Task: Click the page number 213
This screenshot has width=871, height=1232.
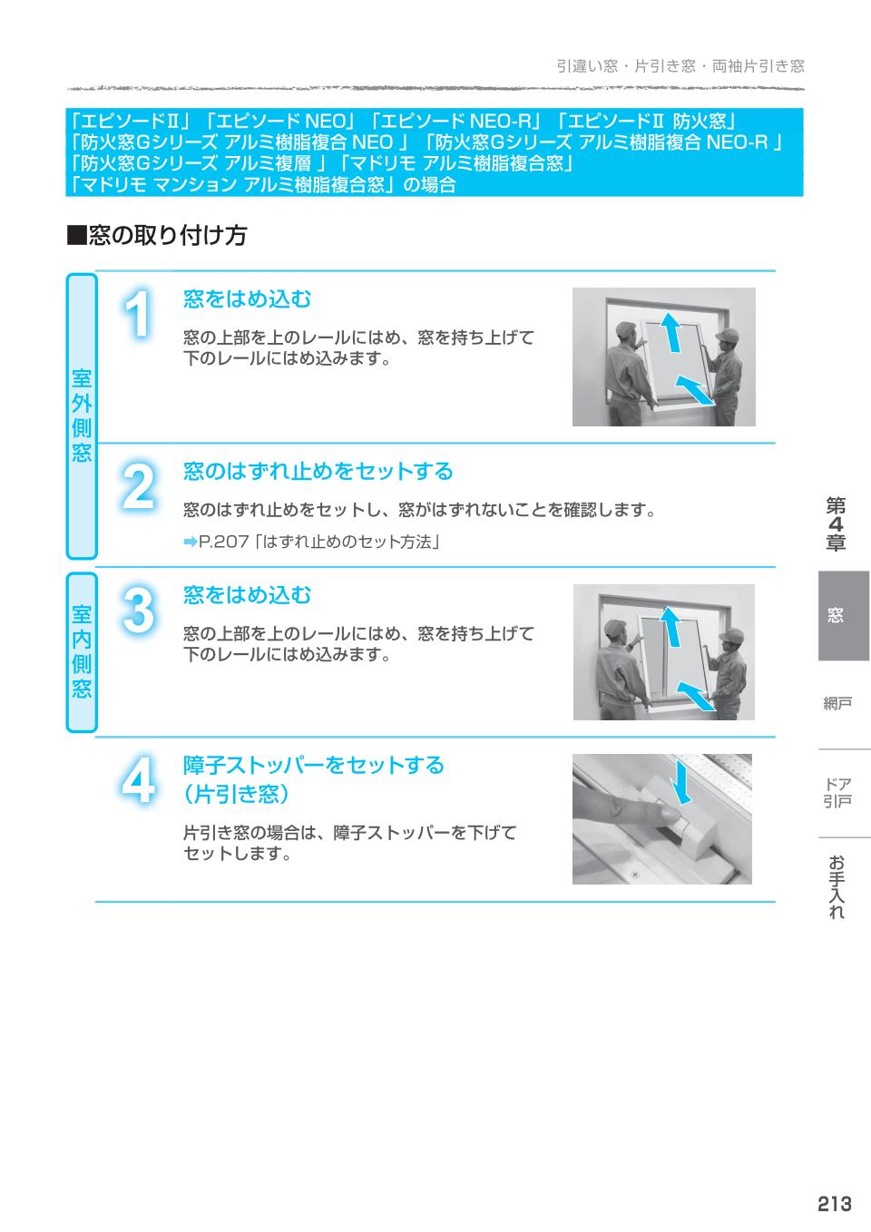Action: pos(833,1203)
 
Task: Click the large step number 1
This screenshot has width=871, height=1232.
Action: pos(138,316)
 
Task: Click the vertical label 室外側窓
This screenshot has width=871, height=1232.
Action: pos(82,416)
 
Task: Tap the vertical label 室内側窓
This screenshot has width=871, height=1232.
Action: pos(82,651)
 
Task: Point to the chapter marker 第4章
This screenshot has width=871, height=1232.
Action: pos(836,524)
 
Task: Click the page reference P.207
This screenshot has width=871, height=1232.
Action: pos(223,543)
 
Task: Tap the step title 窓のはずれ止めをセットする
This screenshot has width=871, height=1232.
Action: pos(318,471)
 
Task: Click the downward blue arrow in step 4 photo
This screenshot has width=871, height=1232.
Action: pos(681,782)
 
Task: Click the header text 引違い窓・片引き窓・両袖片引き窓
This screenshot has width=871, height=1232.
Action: pos(680,66)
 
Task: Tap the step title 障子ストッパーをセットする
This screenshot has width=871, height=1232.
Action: pos(313,765)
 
